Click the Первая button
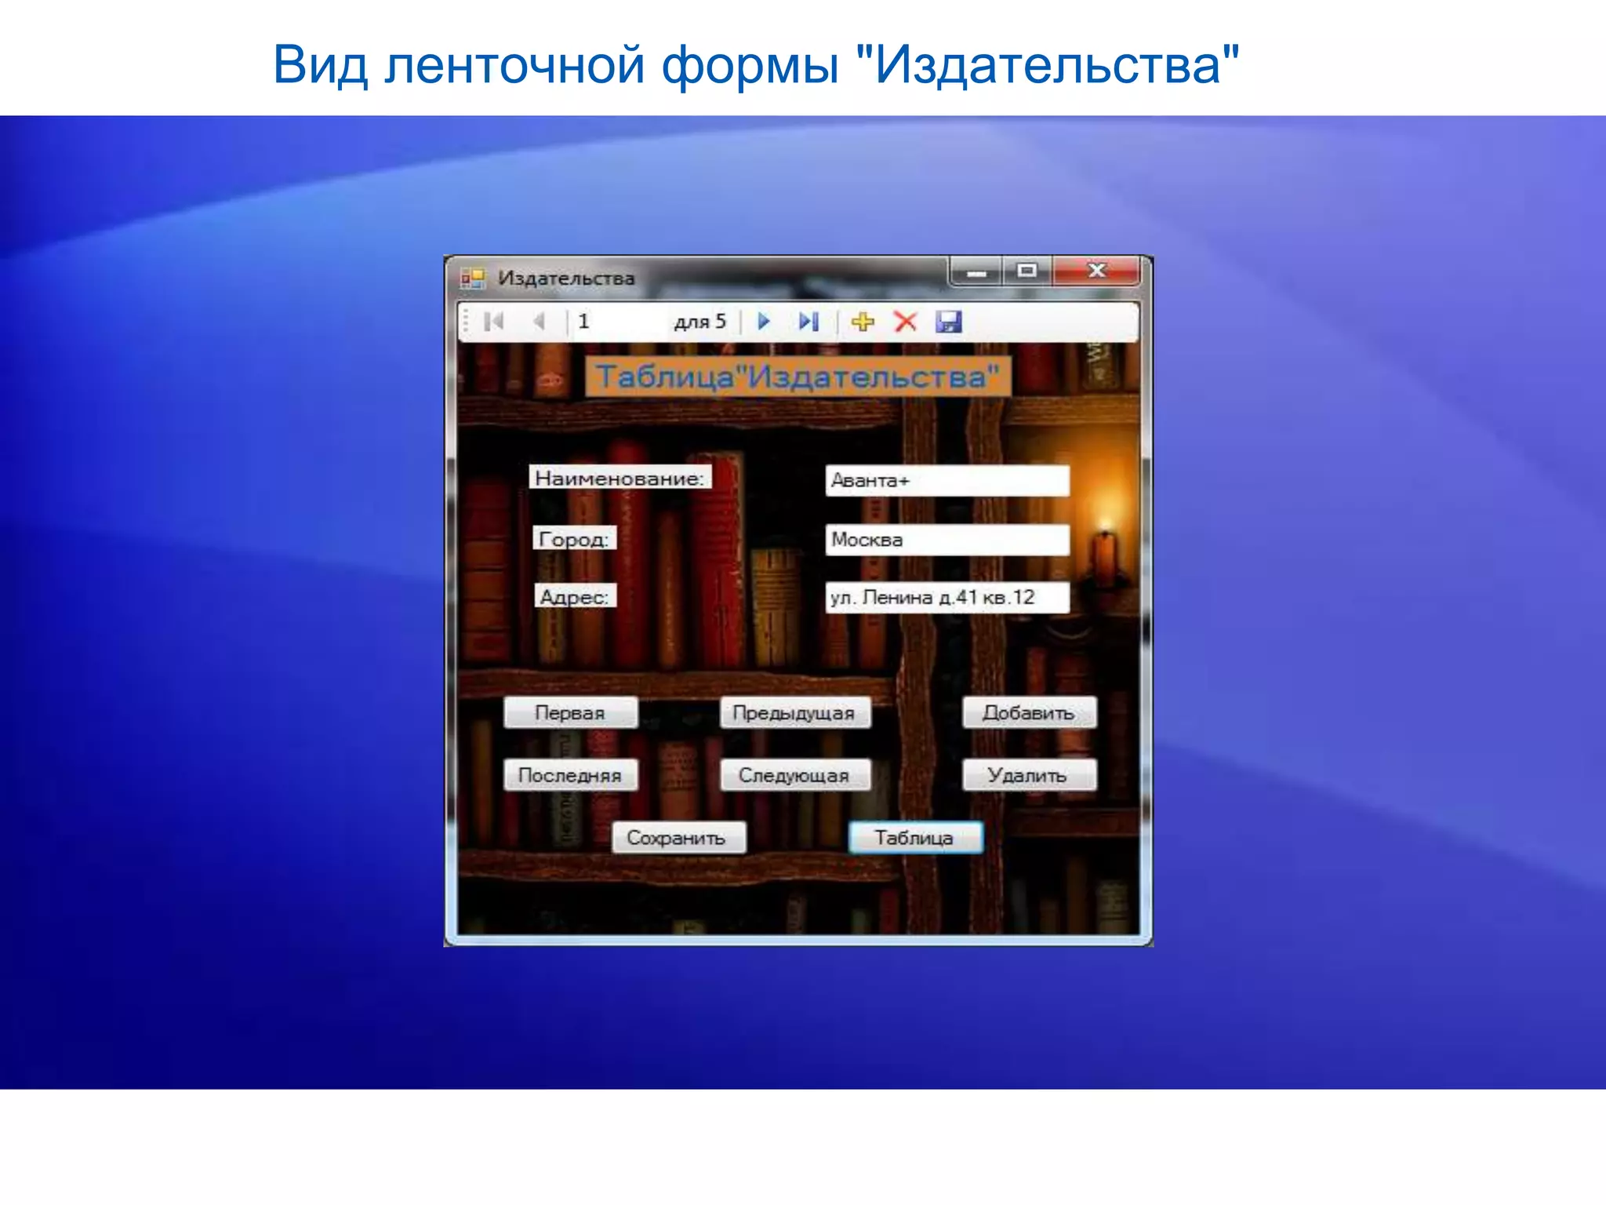click(570, 713)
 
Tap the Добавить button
click(1029, 713)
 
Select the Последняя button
click(570, 775)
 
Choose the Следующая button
click(794, 775)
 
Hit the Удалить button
click(1029, 775)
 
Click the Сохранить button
click(678, 838)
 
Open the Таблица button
click(915, 838)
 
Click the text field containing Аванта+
click(947, 481)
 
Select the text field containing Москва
click(947, 540)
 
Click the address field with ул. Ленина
click(947, 598)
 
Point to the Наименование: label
click(620, 478)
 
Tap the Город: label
click(574, 539)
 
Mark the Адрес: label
click(575, 597)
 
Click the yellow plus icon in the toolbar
click(863, 322)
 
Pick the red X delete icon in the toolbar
click(906, 322)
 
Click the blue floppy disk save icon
click(948, 322)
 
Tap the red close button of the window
click(1096, 271)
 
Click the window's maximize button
click(1026, 271)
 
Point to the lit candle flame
click(1106, 525)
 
